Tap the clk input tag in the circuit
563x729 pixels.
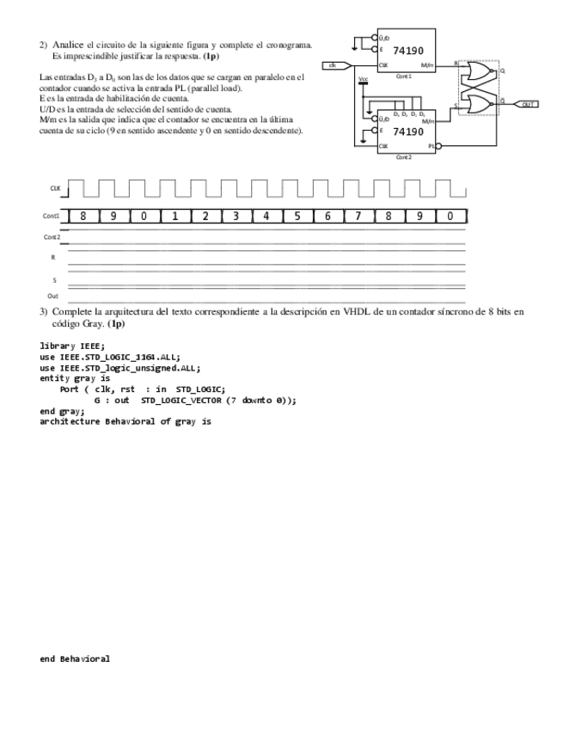pyautogui.click(x=335, y=65)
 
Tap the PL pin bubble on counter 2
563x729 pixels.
pyautogui.click(x=438, y=147)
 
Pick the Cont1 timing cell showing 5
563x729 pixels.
pyautogui.click(x=297, y=217)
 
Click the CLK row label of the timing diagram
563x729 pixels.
pyautogui.click(x=55, y=187)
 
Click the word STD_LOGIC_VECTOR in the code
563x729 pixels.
pyautogui.click(x=182, y=400)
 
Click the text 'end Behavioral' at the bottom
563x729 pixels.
pyautogui.click(x=75, y=659)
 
